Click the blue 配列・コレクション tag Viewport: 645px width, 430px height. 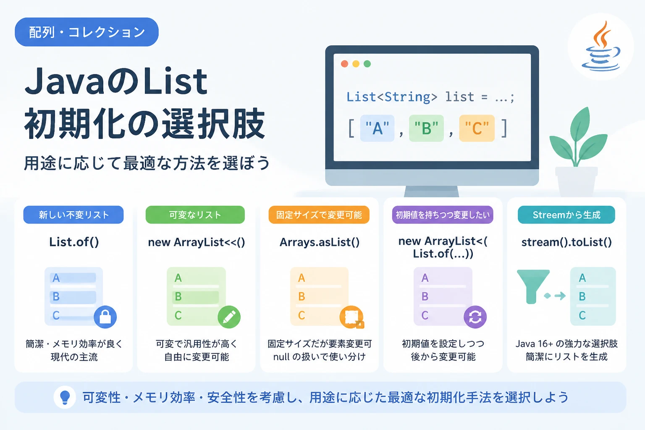tap(87, 32)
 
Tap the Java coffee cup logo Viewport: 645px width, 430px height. tap(601, 47)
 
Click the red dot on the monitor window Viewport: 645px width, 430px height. tap(344, 64)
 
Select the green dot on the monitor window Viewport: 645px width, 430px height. tap(367, 64)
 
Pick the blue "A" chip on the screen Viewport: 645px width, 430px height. tap(377, 128)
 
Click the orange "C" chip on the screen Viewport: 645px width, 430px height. tap(477, 128)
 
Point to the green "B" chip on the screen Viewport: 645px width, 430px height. tap(427, 128)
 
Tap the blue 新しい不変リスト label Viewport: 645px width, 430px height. tap(73, 215)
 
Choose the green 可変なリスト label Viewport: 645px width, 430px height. tap(195, 215)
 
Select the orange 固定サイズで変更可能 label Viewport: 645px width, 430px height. tap(319, 215)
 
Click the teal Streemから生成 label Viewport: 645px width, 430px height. tap(566, 215)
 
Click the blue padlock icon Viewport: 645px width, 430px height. tap(105, 317)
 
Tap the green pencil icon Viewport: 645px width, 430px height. tap(229, 317)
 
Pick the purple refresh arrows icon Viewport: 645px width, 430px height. tap(475, 317)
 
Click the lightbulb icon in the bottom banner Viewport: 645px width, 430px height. tap(65, 397)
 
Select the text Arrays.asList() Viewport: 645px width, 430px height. tap(319, 242)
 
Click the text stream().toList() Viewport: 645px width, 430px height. tap(566, 242)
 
